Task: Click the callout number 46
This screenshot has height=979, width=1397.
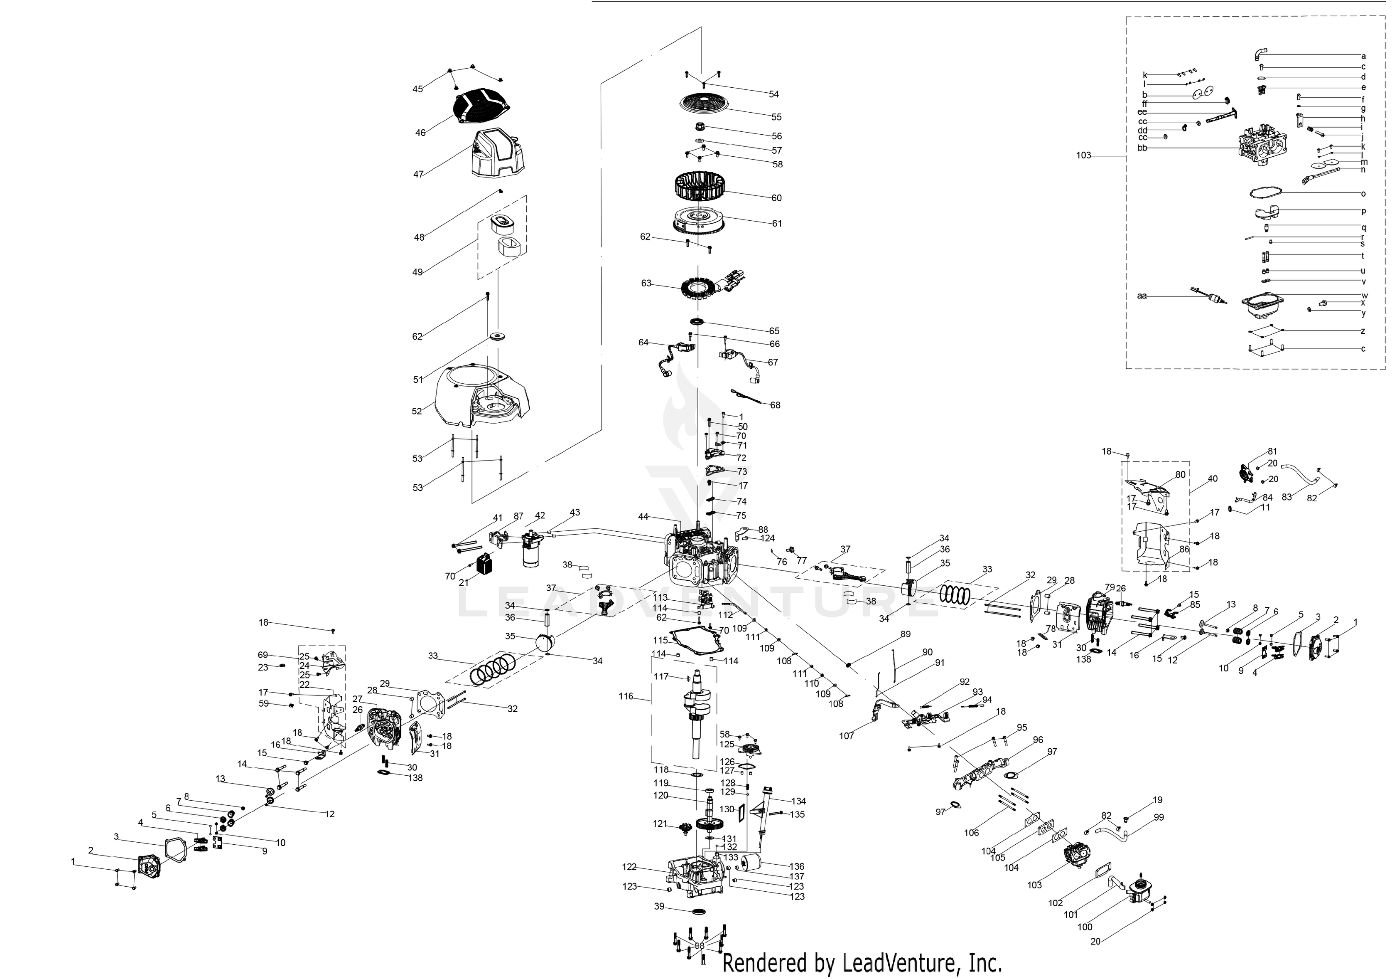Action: pos(420,132)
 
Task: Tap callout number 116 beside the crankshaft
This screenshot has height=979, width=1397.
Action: pos(626,696)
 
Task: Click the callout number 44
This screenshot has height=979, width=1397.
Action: pos(643,516)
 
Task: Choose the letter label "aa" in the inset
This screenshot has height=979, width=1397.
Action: pos(1142,296)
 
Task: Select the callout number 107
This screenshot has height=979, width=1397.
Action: pos(846,735)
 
